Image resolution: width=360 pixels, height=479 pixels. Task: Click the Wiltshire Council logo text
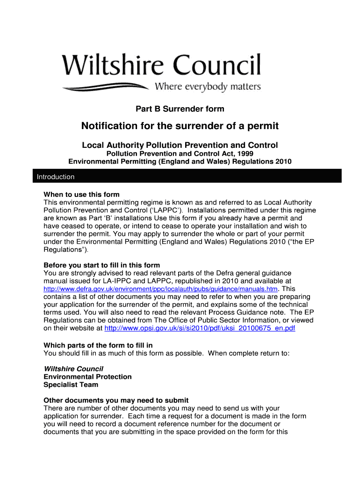[x=161, y=65]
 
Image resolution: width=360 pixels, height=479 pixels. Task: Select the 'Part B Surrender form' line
[x=180, y=109]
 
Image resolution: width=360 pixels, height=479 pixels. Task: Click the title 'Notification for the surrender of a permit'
[x=180, y=126]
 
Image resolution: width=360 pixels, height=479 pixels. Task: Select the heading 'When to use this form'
[x=81, y=194]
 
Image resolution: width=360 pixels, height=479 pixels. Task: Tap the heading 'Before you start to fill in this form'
[x=101, y=265]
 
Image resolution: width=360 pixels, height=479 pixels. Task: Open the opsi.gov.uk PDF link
[x=200, y=328]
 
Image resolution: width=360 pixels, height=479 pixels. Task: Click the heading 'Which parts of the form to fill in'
[x=98, y=345]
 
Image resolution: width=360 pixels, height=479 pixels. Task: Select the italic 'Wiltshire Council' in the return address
[x=73, y=369]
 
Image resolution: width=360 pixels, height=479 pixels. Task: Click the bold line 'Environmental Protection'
[x=87, y=377]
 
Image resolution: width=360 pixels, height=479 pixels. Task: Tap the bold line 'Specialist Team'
[x=71, y=385]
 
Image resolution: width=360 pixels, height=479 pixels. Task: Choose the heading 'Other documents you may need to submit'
[x=116, y=400]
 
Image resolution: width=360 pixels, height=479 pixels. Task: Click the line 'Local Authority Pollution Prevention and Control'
[x=180, y=145]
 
